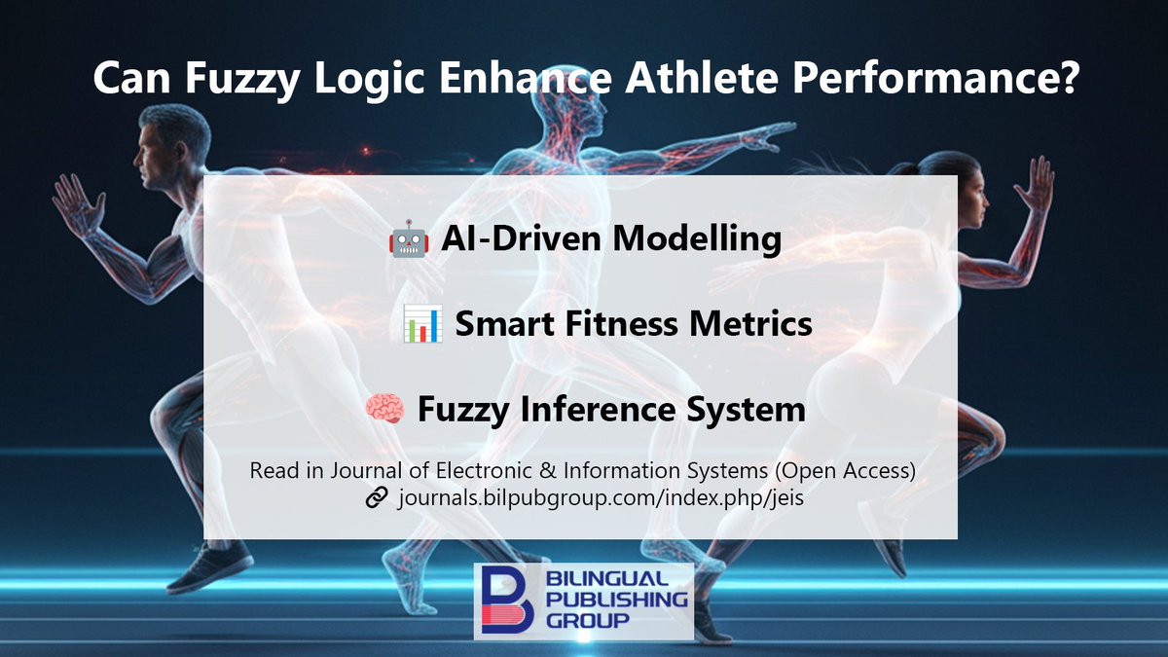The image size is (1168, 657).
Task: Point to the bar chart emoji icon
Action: click(x=422, y=324)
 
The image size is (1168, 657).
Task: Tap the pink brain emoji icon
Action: click(x=383, y=409)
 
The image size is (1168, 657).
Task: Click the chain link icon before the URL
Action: click(x=377, y=498)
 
